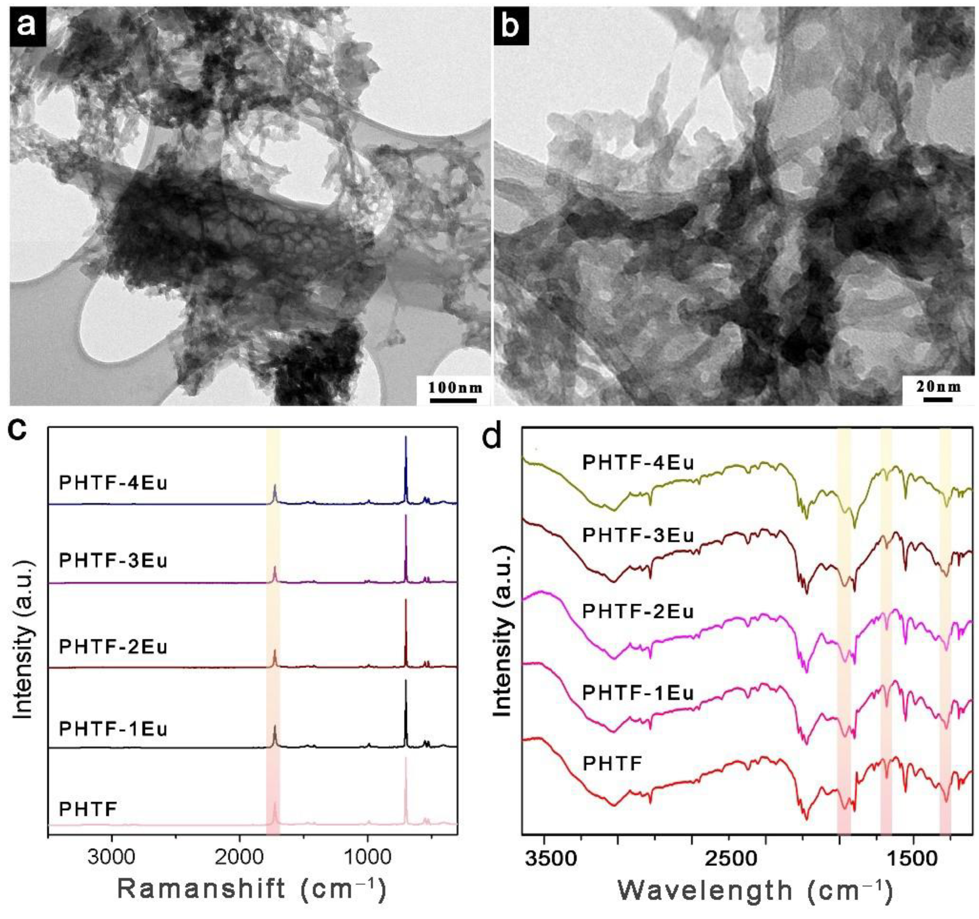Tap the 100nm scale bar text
[x=454, y=387]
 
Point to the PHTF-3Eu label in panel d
[x=638, y=535]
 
